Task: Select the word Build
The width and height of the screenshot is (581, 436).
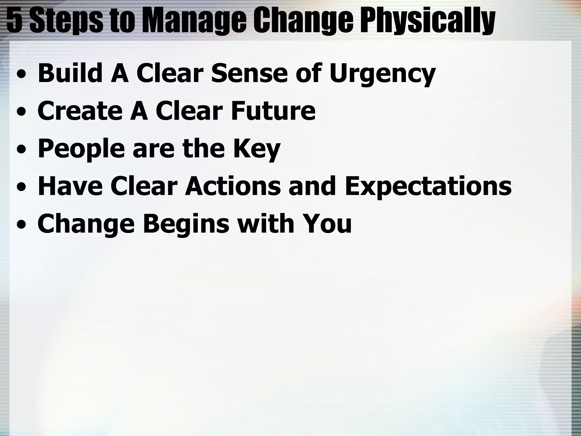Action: [x=70, y=73]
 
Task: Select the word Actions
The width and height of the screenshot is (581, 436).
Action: [x=233, y=186]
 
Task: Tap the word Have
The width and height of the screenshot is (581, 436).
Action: [x=70, y=186]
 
